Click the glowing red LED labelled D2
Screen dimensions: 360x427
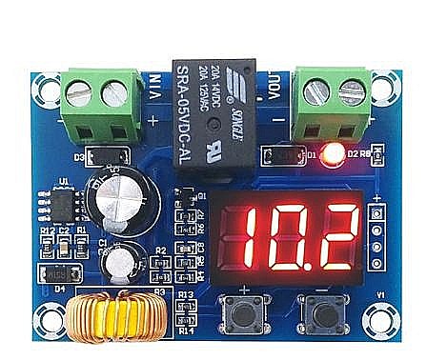pyautogui.click(x=332, y=151)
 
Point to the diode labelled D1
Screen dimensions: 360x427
pyautogui.click(x=285, y=151)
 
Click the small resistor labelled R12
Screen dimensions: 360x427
pyautogui.click(x=47, y=247)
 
